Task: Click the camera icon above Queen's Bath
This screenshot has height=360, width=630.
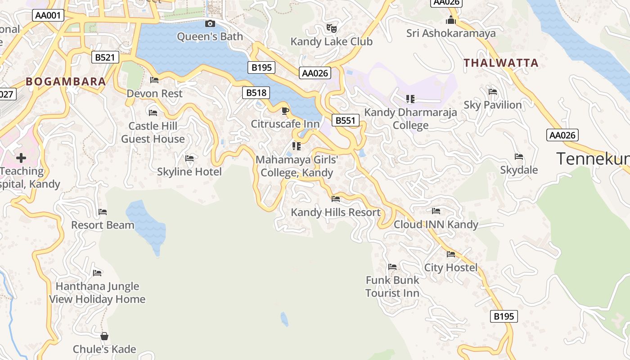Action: point(210,24)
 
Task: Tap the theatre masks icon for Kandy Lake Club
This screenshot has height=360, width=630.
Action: point(332,28)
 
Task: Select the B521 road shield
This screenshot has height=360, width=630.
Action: point(105,57)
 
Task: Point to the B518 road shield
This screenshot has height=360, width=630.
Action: point(256,93)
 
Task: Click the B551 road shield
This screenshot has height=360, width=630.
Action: point(346,120)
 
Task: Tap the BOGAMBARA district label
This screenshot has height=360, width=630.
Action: point(66,81)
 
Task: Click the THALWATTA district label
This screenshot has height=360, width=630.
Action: point(501,63)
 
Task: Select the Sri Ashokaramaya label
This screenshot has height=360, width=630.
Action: point(451,33)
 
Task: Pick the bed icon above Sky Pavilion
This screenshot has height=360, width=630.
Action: point(493,92)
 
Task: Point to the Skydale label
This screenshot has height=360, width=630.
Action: point(519,170)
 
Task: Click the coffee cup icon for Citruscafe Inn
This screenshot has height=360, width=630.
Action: point(285,111)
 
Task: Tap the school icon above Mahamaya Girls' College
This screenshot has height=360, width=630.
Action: point(296,146)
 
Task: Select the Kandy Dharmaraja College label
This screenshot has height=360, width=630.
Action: point(410,119)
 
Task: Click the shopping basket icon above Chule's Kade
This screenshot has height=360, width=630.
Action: point(104,336)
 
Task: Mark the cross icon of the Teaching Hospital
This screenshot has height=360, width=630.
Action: point(21,158)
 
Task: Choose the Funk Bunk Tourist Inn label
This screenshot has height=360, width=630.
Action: point(392,286)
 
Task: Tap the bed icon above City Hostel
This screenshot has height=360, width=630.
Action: point(451,254)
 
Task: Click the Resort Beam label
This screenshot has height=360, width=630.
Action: point(103,225)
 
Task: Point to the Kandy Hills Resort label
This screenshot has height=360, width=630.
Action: point(336,212)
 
